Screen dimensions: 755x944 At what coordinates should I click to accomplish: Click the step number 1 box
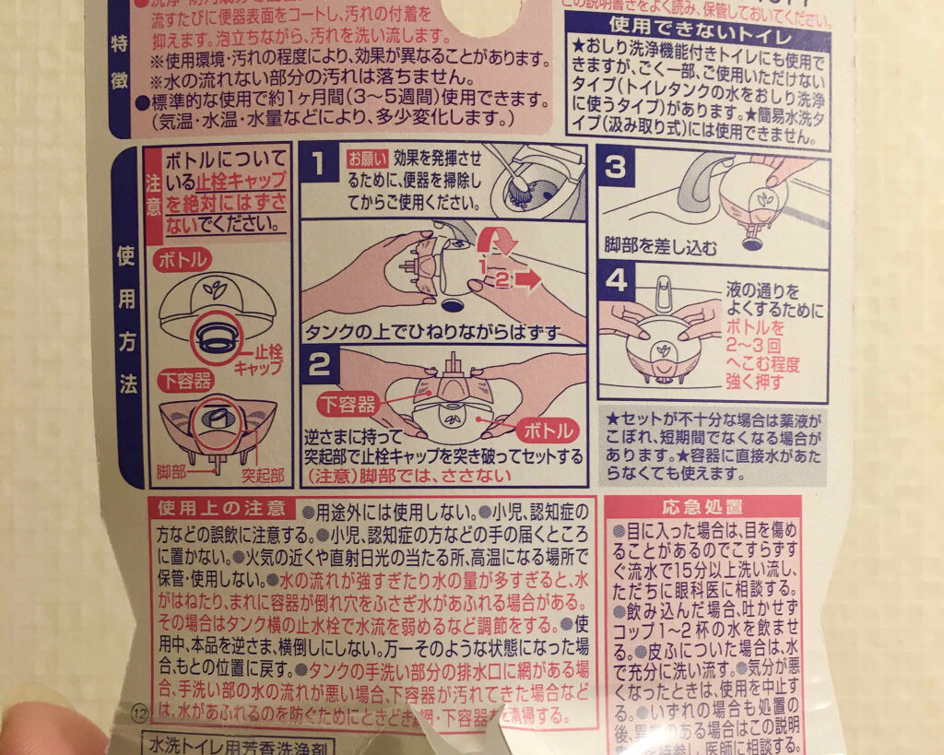point(318,164)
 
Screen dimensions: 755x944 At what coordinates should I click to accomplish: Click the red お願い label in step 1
point(361,156)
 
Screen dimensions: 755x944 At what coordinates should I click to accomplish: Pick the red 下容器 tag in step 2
point(348,404)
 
